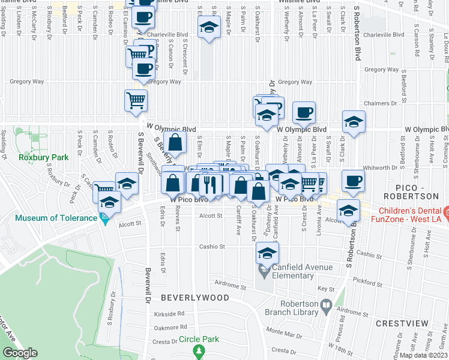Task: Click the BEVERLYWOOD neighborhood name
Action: point(194,298)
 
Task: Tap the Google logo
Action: point(20,353)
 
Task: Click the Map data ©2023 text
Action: point(424,355)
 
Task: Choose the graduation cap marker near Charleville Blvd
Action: point(209,28)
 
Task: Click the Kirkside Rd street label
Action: point(169,314)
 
